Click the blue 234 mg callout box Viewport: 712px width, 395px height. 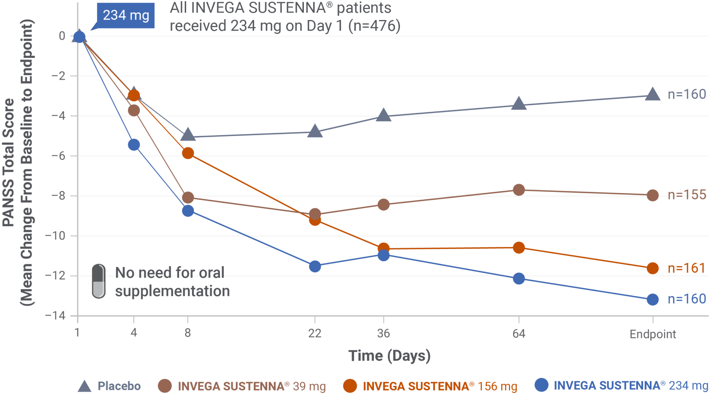tap(126, 15)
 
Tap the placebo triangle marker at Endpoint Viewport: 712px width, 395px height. tap(652, 95)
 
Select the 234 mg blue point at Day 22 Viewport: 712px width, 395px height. tap(315, 266)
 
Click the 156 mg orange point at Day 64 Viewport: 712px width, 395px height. tap(518, 248)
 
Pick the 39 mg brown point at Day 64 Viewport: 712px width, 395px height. tap(518, 190)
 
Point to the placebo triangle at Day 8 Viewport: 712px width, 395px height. tap(188, 135)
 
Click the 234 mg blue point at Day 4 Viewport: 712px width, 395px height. tap(134, 145)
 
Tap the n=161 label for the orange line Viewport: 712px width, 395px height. tap(687, 268)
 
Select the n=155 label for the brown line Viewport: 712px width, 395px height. tap(687, 195)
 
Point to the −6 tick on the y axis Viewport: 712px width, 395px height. tap(58, 156)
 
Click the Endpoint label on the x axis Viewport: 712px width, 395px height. tap(652, 334)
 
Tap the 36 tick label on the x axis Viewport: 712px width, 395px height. tap(383, 333)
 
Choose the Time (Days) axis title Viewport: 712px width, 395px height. tap(389, 356)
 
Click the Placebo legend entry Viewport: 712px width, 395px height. tap(109, 386)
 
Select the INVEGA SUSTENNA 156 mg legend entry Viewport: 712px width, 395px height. tap(430, 386)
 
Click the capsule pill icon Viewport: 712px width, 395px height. tap(98, 281)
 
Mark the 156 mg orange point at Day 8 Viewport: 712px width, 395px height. tap(188, 153)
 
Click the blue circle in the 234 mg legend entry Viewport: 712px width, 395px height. tap(541, 385)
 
